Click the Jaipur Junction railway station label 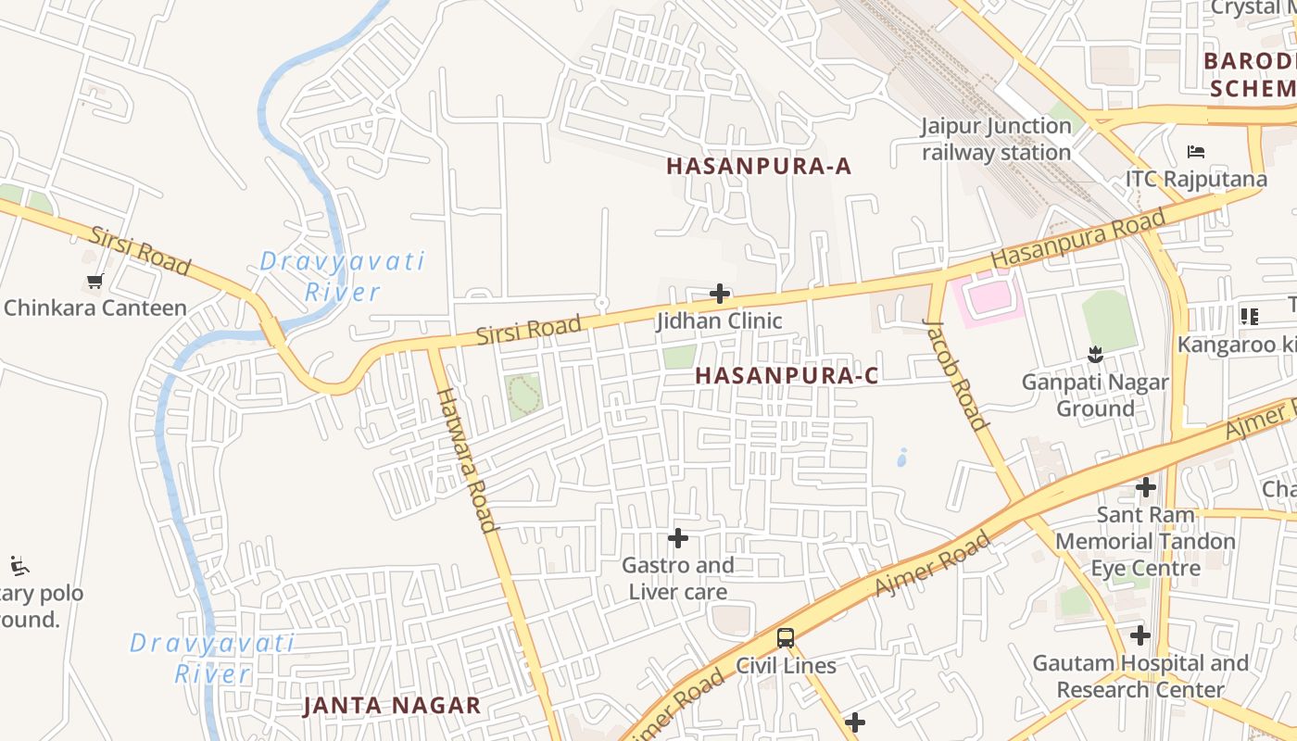point(996,139)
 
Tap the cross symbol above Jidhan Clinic point(720,295)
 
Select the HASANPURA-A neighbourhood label point(759,167)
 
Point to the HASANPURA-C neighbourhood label point(787,375)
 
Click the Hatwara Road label point(465,459)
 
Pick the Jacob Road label point(955,374)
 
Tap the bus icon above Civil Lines point(786,637)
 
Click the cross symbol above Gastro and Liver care point(678,537)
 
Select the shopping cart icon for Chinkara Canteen point(94,281)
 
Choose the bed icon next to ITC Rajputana point(1196,151)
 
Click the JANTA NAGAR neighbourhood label point(393,705)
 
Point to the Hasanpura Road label point(1077,240)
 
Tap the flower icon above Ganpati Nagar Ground point(1096,354)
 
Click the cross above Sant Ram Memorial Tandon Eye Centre point(1146,486)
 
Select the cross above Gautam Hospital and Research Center point(1140,635)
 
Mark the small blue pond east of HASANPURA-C point(902,458)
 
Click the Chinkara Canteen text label point(95,308)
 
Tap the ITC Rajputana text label point(1196,179)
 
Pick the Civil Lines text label point(786,665)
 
